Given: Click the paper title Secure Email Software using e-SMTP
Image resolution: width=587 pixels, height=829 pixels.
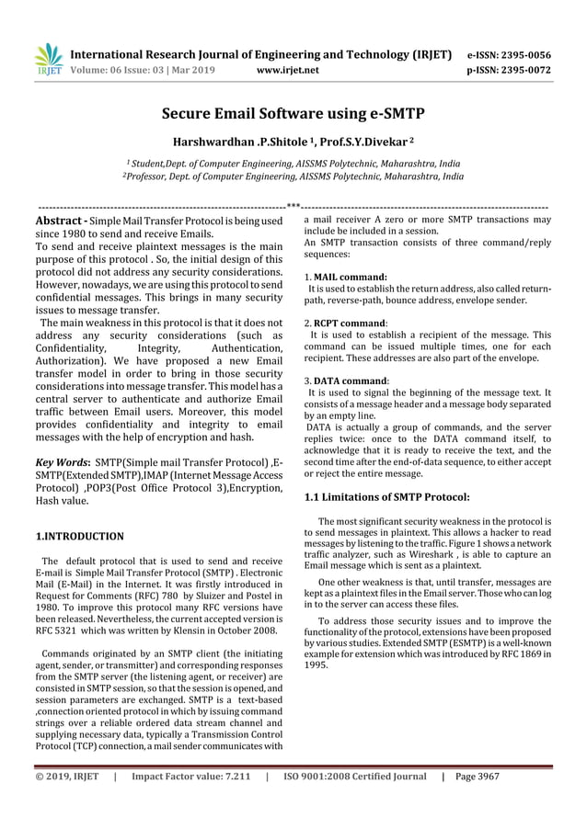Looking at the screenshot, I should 293,115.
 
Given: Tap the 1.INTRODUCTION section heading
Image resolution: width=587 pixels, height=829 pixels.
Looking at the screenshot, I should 79,535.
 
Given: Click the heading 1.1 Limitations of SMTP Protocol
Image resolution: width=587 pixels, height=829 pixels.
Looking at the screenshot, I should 386,497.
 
